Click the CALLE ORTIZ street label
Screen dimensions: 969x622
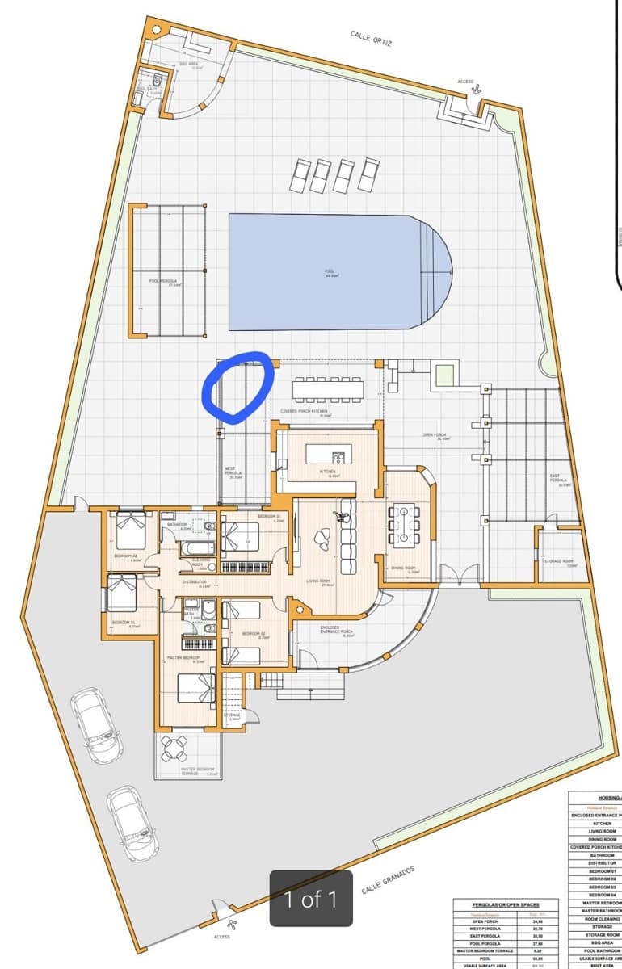coord(371,38)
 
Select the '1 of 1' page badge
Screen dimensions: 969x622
coord(311,899)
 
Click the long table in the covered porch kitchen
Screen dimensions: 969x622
coord(328,388)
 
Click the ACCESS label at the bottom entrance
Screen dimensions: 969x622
coord(222,937)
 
